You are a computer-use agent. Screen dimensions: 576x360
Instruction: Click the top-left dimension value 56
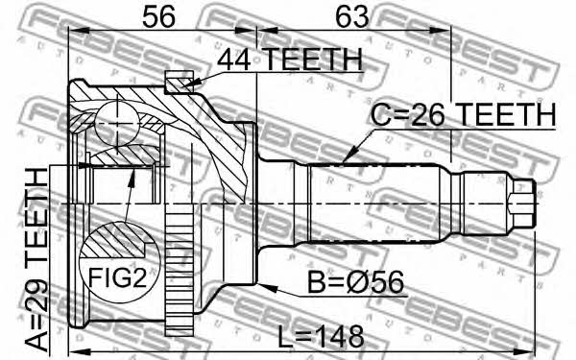click(158, 17)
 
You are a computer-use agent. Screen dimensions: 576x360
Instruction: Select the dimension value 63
click(352, 17)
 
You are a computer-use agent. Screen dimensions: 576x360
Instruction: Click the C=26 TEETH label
click(463, 114)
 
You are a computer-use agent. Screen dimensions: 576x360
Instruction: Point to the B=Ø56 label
click(355, 282)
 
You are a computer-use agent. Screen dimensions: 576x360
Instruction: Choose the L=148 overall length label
click(321, 337)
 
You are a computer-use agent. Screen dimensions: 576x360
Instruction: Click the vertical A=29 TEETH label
click(36, 259)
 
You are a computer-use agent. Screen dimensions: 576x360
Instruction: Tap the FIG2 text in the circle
click(117, 277)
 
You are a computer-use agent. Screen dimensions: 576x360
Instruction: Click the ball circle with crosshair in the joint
click(117, 124)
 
